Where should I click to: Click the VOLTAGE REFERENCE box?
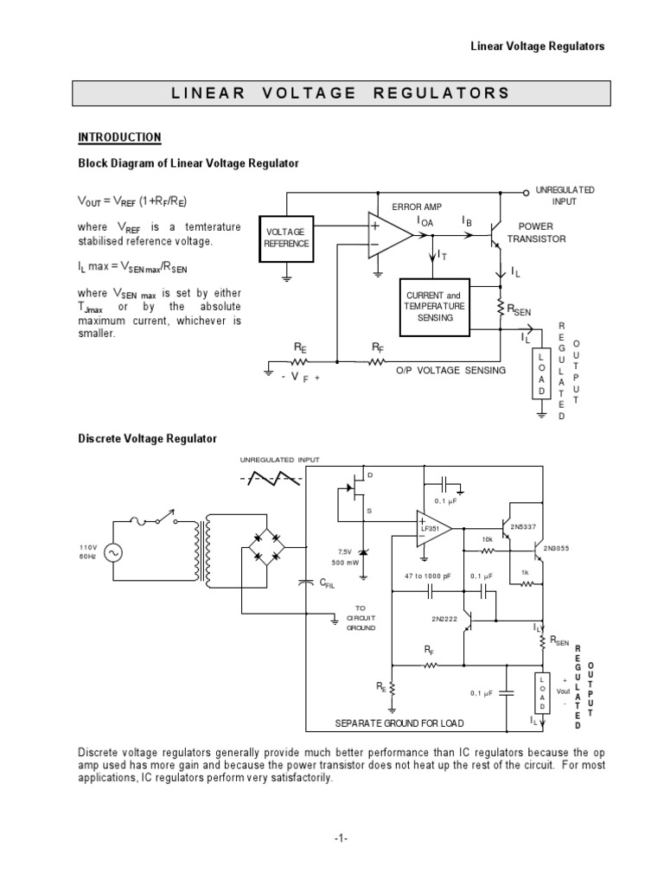285,237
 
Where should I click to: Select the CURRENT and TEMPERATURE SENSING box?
436,307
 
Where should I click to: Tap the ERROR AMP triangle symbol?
387,235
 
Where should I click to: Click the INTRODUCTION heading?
119,137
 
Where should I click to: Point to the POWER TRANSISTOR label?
542,232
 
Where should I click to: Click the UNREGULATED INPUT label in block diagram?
565,194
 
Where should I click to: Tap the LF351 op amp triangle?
432,528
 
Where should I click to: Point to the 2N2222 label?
444,619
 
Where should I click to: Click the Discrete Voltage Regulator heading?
147,439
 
